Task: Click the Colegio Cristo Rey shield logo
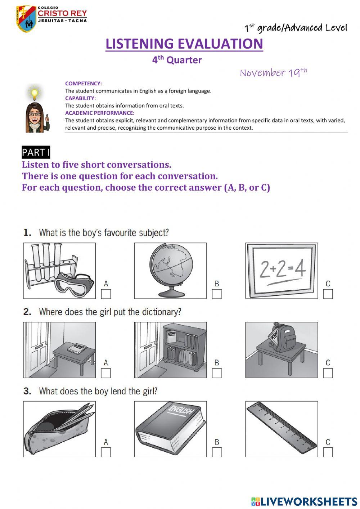[x=26, y=19]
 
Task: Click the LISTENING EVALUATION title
[x=184, y=44]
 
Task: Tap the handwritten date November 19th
[x=273, y=72]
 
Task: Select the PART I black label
[x=36, y=152]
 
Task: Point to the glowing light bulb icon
[x=35, y=93]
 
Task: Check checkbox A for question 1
[x=106, y=294]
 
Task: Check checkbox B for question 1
[x=217, y=294]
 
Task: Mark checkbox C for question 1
[x=328, y=294]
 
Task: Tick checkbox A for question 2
[x=106, y=373]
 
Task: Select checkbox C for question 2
[x=328, y=373]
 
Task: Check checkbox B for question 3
[x=217, y=452]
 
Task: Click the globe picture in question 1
[x=171, y=268]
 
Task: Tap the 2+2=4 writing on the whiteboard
[x=282, y=269]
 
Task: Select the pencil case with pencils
[x=59, y=429]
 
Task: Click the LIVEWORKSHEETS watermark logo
[x=304, y=501]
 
